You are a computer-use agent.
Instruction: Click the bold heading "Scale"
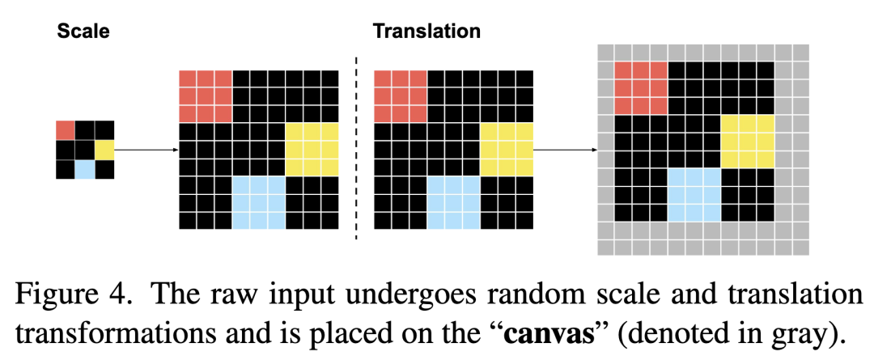tap(83, 32)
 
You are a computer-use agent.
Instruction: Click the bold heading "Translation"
tap(426, 32)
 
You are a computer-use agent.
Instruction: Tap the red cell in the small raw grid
tap(65, 129)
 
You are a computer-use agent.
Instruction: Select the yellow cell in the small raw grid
tap(104, 150)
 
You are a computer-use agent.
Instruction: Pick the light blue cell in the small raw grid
tap(84, 169)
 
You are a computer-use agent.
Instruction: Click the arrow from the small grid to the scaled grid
tap(146, 150)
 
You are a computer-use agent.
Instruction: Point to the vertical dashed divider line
tap(356, 150)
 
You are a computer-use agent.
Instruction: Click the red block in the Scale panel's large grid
tap(205, 97)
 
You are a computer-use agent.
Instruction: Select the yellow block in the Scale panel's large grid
tap(312, 150)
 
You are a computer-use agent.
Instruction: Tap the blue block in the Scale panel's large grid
tap(259, 202)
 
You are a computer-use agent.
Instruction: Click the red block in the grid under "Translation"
tap(401, 97)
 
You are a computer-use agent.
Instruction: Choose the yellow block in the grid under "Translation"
tap(507, 150)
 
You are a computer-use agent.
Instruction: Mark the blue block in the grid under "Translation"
tap(454, 202)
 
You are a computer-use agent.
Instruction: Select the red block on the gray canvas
tap(641, 87)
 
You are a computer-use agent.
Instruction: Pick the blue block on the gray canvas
tap(694, 194)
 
